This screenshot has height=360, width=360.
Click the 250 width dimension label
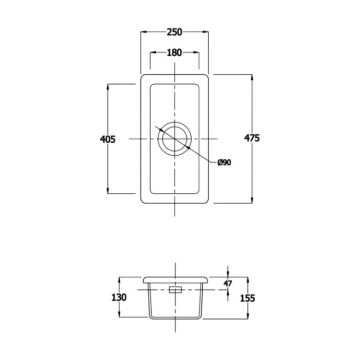pyautogui.click(x=175, y=32)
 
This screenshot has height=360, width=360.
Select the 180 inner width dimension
pyautogui.click(x=174, y=52)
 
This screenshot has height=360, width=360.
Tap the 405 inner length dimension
pyautogui.click(x=108, y=139)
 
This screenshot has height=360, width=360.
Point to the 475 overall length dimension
pyautogui.click(x=252, y=138)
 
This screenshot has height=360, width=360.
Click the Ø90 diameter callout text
pyautogui.click(x=224, y=162)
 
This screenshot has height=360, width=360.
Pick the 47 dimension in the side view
pyautogui.click(x=228, y=284)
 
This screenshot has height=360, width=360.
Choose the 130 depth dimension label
pyautogui.click(x=119, y=297)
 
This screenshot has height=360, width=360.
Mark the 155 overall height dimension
pyautogui.click(x=247, y=298)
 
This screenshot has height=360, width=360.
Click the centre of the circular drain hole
pyautogui.click(x=175, y=139)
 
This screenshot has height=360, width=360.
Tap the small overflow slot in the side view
pyautogui.click(x=175, y=289)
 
